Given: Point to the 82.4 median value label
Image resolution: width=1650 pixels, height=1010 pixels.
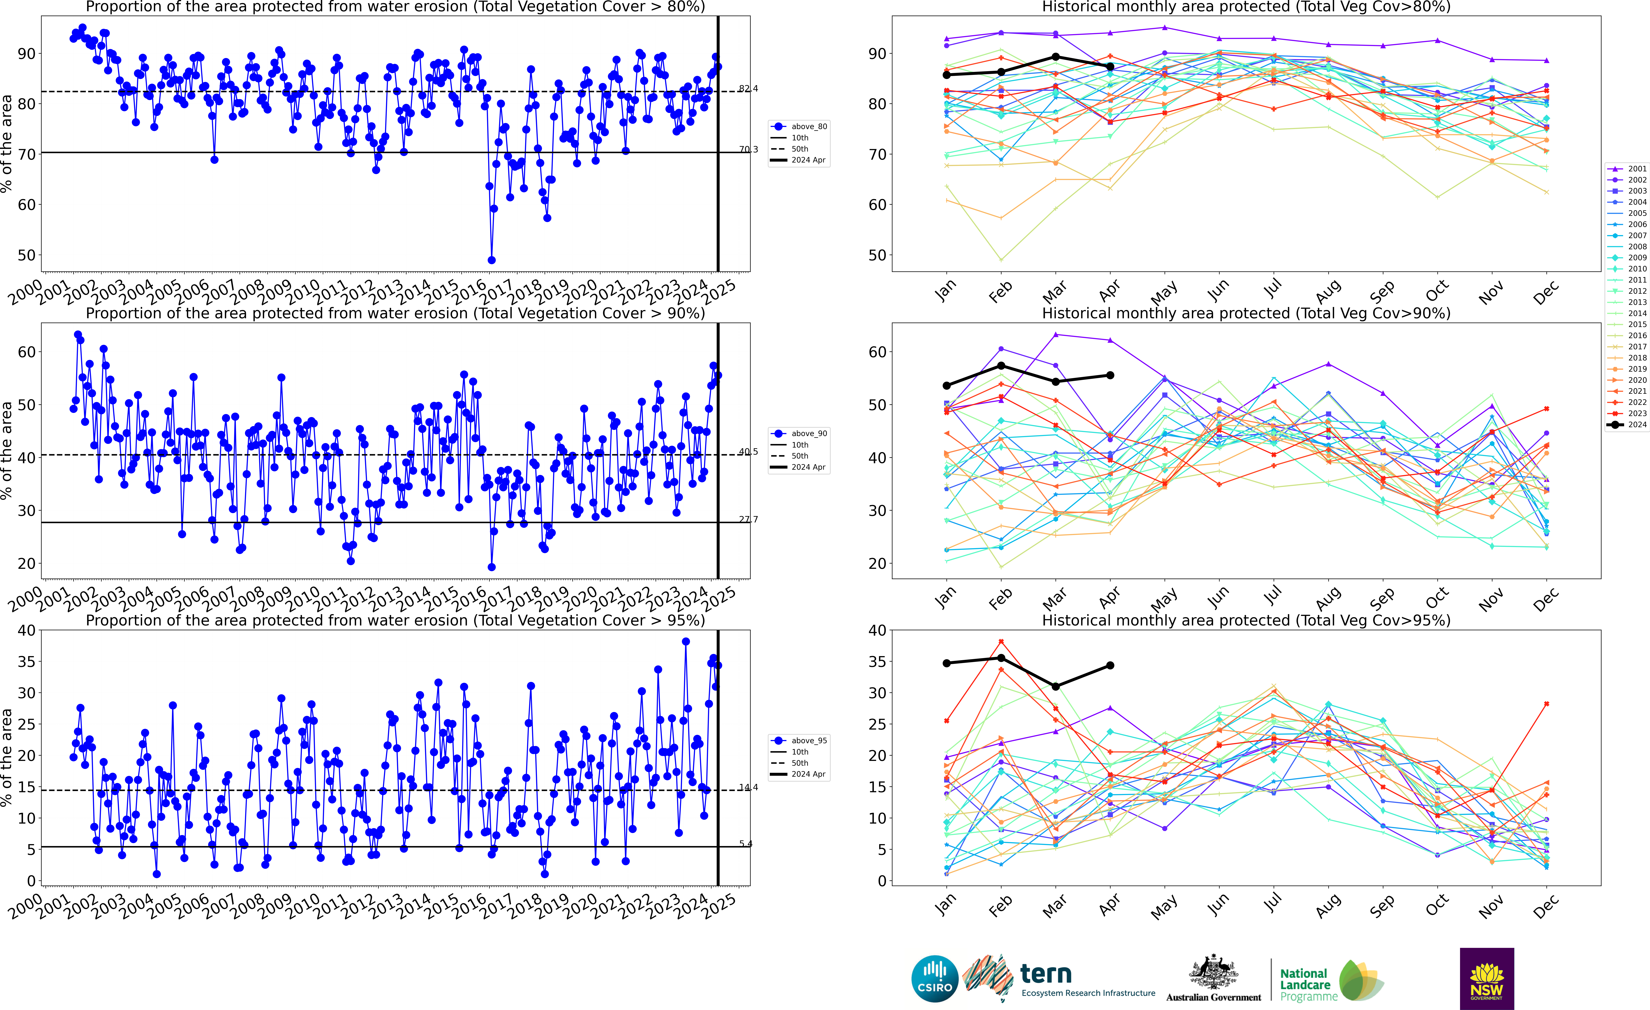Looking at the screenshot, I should pos(748,88).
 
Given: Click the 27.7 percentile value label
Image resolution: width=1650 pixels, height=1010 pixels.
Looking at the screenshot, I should pos(748,519).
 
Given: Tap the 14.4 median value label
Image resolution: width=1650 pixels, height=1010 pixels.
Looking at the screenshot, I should pos(748,788).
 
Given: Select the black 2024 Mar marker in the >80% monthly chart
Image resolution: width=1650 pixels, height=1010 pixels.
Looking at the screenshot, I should pos(1056,57).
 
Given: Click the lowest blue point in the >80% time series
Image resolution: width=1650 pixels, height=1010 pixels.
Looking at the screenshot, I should pos(491,260).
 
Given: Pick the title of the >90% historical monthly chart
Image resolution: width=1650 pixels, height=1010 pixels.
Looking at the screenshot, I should pos(1245,314).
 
